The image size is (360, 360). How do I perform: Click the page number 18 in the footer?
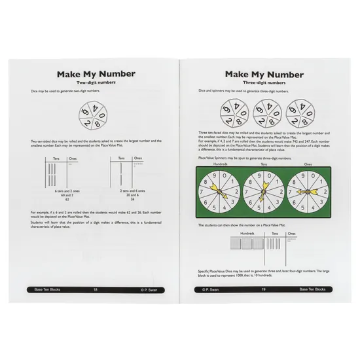[x=96, y=289]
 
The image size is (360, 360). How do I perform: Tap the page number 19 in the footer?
[x=263, y=289]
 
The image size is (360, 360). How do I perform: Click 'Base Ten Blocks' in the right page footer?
[x=314, y=289]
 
